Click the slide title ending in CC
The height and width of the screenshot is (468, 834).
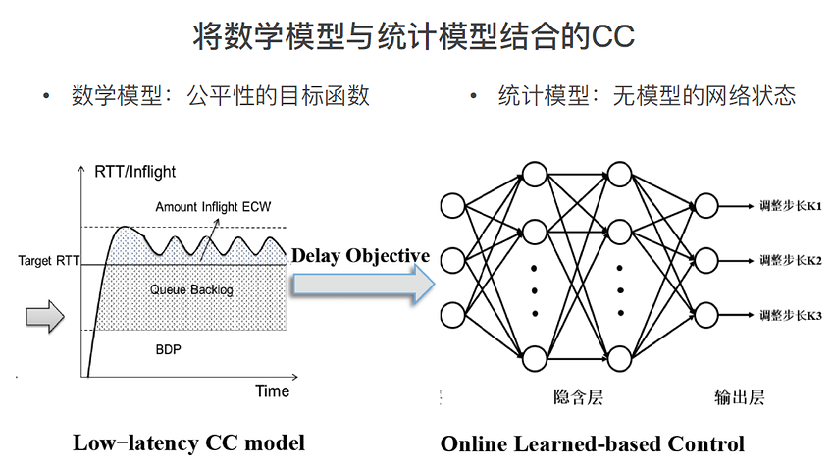(413, 35)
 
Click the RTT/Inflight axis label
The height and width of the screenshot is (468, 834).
(134, 172)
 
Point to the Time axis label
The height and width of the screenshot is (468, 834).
(273, 390)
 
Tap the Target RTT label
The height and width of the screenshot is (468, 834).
(48, 261)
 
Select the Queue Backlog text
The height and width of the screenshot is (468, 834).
(191, 289)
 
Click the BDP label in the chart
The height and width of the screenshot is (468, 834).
(168, 349)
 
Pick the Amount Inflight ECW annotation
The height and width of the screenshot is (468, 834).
(213, 206)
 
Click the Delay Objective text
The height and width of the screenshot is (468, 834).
(361, 256)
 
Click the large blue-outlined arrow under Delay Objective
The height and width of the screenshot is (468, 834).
(364, 285)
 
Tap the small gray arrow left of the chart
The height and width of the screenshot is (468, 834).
(45, 317)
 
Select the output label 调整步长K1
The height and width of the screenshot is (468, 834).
(791, 206)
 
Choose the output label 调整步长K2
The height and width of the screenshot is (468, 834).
(791, 260)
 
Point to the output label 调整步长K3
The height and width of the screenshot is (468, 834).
(791, 315)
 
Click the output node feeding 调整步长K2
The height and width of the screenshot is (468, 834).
(705, 261)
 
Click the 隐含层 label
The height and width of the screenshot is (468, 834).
(578, 397)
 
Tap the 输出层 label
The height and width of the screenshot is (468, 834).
(740, 397)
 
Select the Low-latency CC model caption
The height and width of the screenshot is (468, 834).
(188, 443)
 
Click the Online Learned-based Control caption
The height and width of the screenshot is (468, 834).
(593, 444)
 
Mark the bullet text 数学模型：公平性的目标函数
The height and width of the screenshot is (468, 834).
(220, 96)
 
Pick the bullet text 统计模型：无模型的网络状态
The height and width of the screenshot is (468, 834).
(647, 96)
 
